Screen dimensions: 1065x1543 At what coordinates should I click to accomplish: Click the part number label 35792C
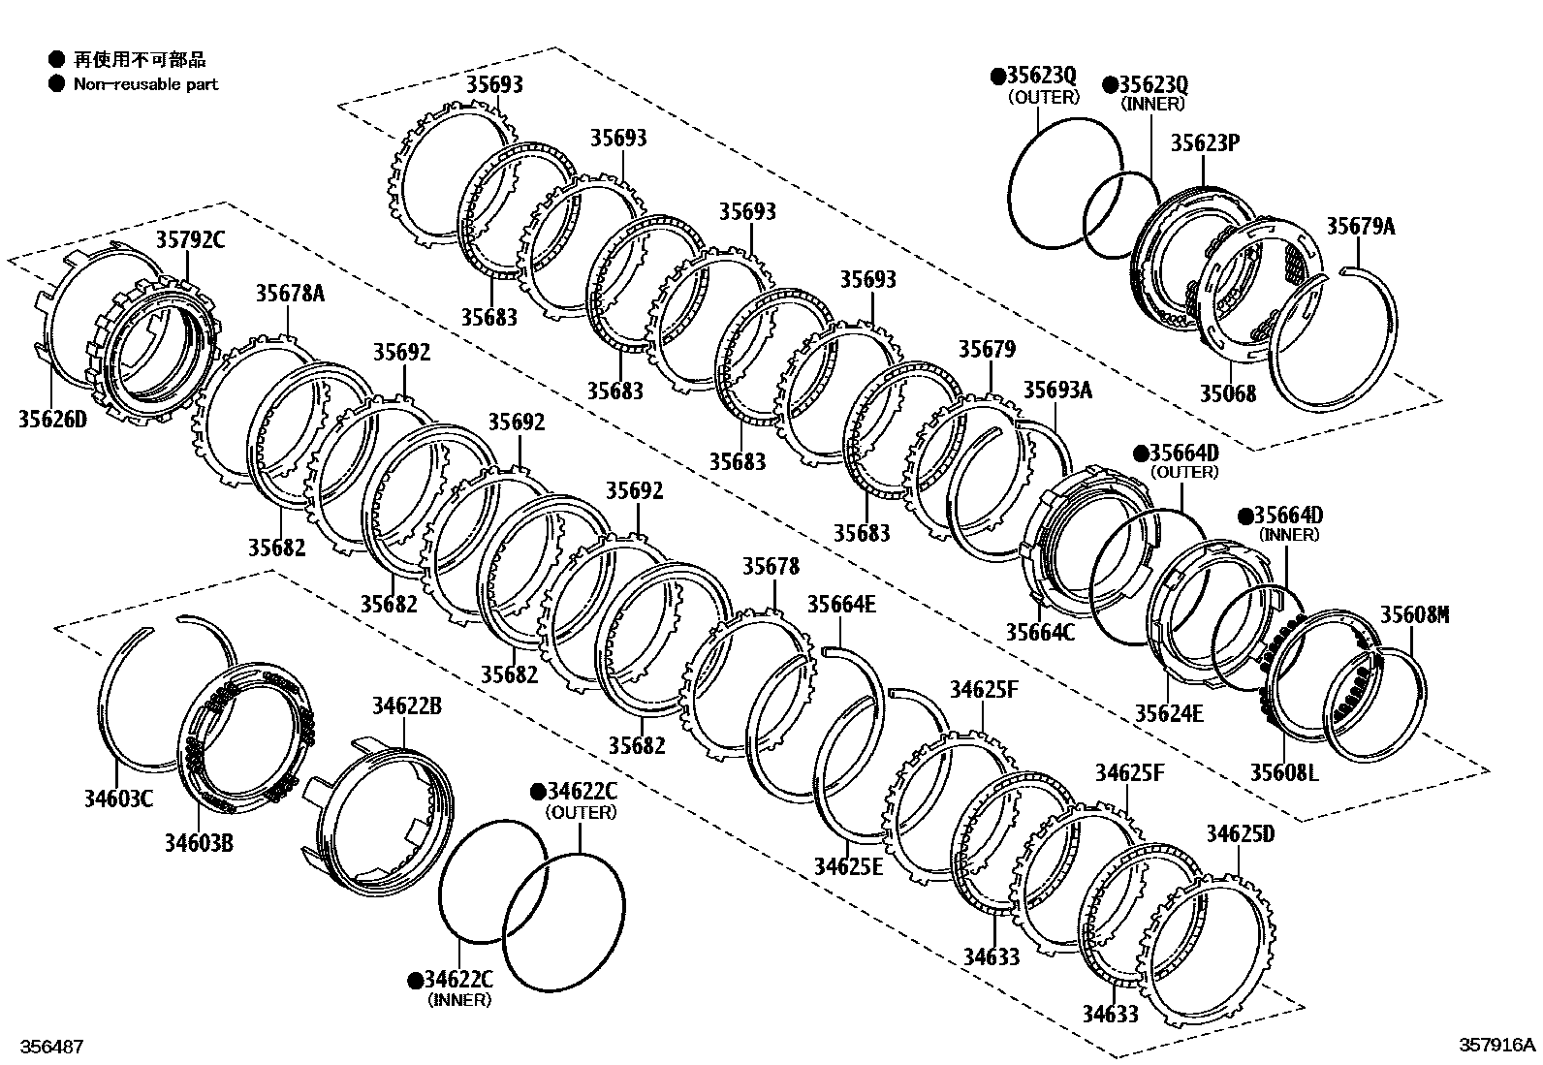[x=190, y=239]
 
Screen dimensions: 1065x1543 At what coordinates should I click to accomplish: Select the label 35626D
[x=52, y=419]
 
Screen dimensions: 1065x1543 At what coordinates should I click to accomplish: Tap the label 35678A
[x=290, y=293]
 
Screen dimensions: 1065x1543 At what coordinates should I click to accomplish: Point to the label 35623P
[x=1205, y=143]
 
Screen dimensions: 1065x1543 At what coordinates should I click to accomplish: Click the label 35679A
[x=1360, y=227]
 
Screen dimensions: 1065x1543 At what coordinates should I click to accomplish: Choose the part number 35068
[x=1227, y=393]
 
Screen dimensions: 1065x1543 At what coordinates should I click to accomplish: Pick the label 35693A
[x=1057, y=390]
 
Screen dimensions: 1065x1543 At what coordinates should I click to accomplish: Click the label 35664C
[x=1039, y=632]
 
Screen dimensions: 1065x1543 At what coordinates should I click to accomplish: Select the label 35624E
[x=1169, y=713]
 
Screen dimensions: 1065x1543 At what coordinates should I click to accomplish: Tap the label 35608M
[x=1414, y=614]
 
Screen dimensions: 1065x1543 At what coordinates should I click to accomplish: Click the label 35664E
[x=841, y=605]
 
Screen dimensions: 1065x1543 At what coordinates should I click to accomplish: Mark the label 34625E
[x=848, y=865]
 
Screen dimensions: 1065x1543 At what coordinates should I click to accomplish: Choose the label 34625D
[x=1240, y=834]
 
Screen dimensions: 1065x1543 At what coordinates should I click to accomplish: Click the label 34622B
[x=406, y=706]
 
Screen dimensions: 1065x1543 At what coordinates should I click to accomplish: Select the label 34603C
[x=117, y=799]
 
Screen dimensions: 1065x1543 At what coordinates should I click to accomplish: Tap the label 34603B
[x=199, y=842]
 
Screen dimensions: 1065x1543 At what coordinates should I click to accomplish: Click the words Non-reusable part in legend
[x=145, y=84]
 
